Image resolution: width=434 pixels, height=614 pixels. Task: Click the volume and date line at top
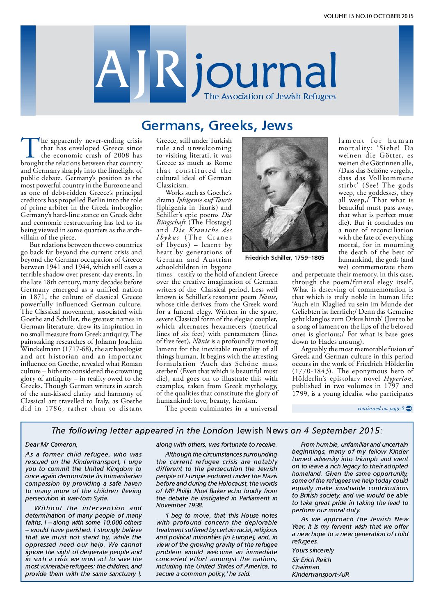(368, 16)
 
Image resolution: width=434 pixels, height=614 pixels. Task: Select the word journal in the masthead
(265, 74)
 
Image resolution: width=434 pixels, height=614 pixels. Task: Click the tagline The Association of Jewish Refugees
(270, 96)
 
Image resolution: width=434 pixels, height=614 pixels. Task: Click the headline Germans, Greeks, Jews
(217, 125)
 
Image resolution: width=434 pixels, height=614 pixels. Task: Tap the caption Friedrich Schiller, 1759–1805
(285, 258)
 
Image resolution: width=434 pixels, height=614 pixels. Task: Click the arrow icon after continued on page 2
(409, 408)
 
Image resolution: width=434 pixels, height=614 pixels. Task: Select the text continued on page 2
(381, 409)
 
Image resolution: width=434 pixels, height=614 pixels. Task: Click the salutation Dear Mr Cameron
(51, 445)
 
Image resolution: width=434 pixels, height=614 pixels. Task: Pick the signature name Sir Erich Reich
(311, 560)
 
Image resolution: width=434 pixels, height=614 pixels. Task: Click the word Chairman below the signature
(305, 567)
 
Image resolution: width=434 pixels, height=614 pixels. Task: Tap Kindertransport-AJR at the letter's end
(320, 575)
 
